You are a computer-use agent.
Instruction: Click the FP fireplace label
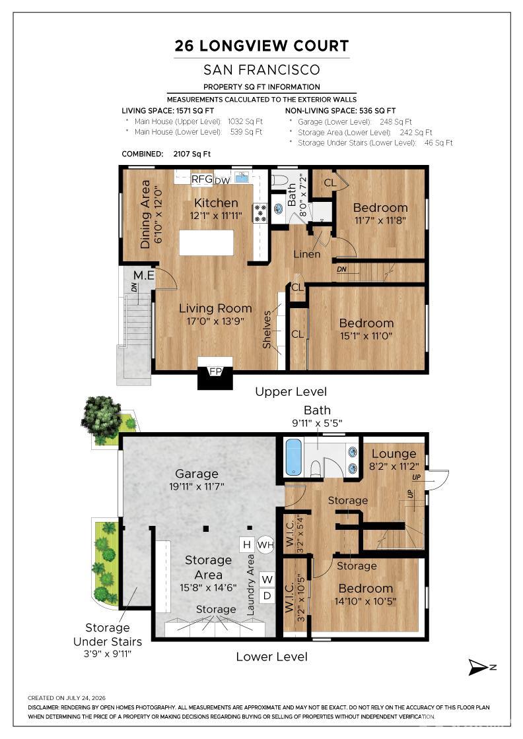click(215, 371)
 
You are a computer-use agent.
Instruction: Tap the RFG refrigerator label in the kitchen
click(202, 179)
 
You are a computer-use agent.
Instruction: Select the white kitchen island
click(207, 242)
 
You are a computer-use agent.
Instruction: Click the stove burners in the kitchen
click(260, 213)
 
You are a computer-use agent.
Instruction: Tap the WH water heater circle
click(265, 545)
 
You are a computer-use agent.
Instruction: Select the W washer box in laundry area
click(267, 579)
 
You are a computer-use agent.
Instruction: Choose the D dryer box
click(267, 596)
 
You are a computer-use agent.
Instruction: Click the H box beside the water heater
click(247, 545)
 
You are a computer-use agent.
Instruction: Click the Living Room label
click(215, 309)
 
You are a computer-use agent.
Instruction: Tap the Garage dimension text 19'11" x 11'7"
click(197, 486)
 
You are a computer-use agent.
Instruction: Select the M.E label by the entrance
click(144, 275)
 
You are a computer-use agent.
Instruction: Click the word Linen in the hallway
click(306, 254)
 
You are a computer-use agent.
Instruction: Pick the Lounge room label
click(394, 454)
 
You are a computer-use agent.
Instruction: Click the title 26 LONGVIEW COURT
click(261, 46)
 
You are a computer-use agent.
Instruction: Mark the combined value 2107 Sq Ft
click(192, 154)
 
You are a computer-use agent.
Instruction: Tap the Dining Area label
click(145, 214)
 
